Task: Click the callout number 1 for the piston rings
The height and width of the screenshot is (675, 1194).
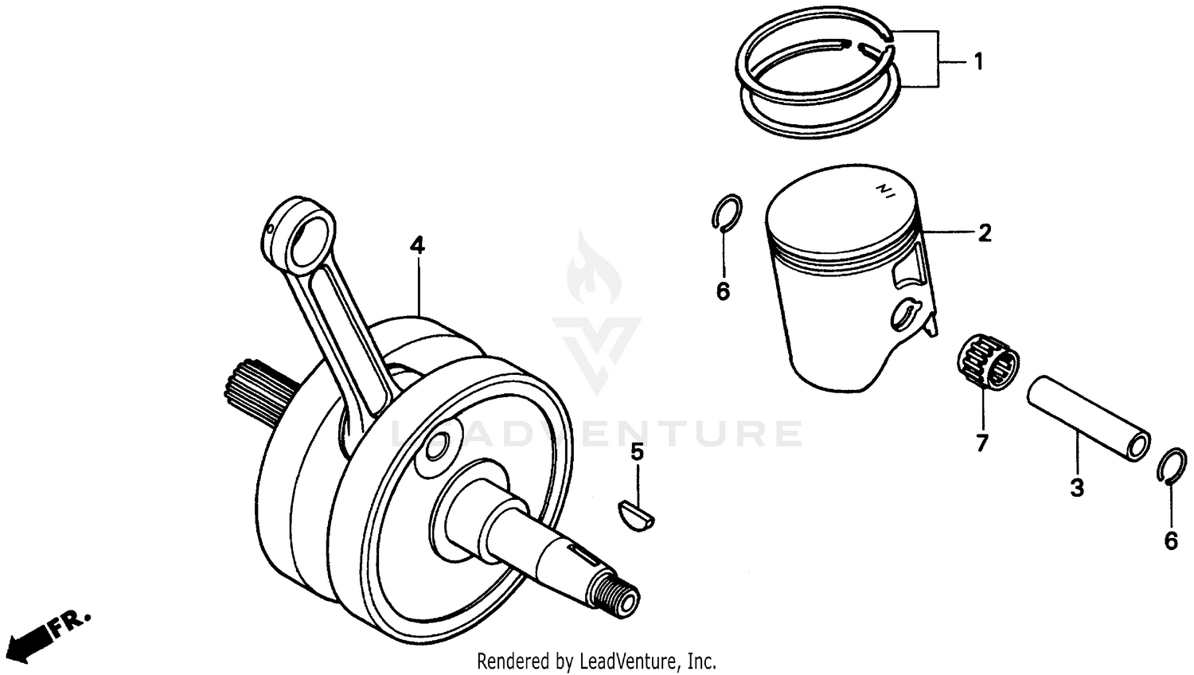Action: point(978,61)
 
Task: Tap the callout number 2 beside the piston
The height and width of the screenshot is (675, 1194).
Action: point(985,233)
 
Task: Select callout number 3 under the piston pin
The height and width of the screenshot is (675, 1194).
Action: point(1076,487)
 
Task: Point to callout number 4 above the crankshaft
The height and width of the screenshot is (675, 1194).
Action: point(417,246)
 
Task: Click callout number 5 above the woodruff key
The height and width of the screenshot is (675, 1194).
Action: point(637,452)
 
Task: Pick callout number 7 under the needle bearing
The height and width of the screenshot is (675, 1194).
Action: point(981,443)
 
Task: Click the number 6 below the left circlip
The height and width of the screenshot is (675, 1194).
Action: point(723,292)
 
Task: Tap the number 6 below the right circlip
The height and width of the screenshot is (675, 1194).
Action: point(1171,541)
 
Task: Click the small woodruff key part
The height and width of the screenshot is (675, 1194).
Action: point(637,513)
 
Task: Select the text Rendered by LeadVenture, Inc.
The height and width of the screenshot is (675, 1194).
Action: point(596,661)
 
